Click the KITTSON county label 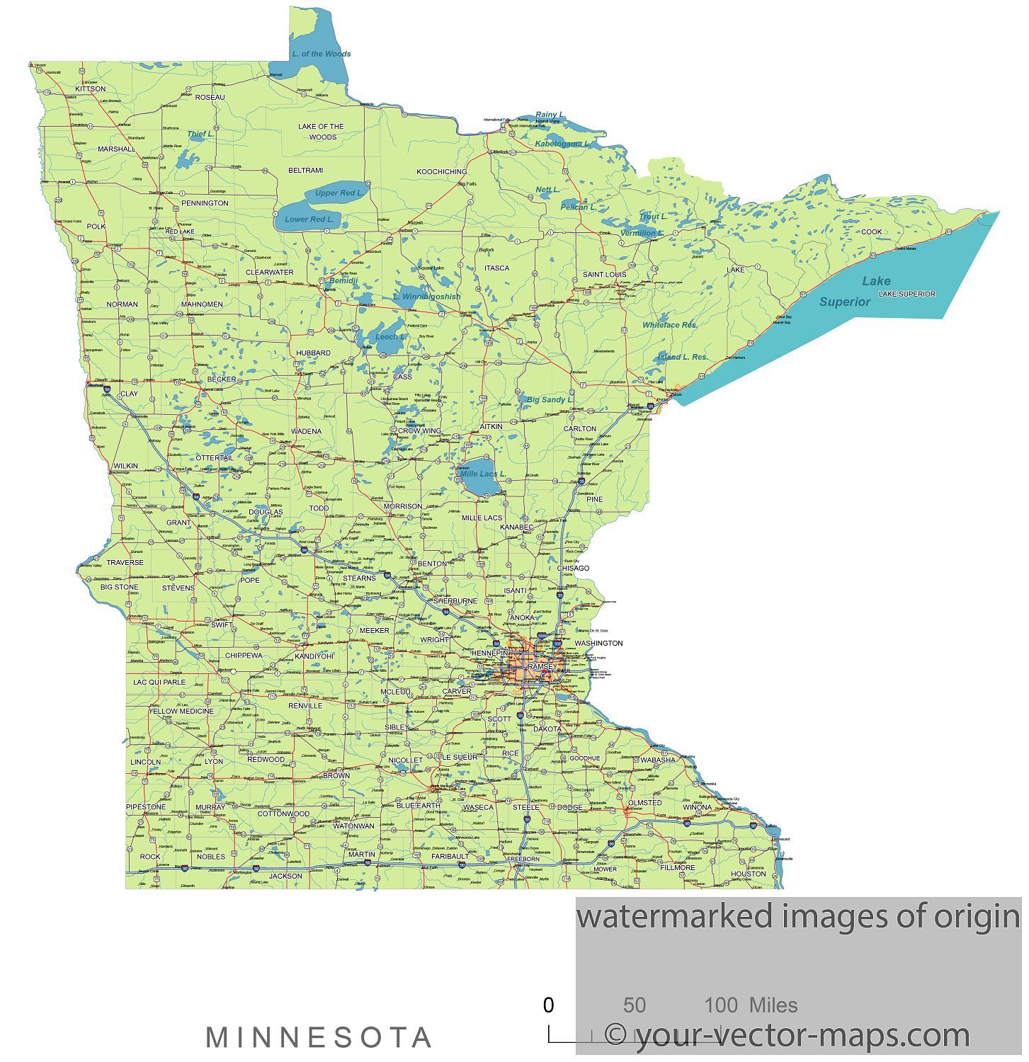(x=91, y=89)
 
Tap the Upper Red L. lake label (x=339, y=193)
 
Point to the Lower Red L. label (x=309, y=219)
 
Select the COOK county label (x=872, y=232)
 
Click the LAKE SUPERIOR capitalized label (x=906, y=294)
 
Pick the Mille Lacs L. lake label (x=483, y=474)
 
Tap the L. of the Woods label (x=322, y=54)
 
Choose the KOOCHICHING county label (x=441, y=171)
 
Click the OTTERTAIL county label (x=215, y=458)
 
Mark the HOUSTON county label (x=749, y=874)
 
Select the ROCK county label (x=150, y=857)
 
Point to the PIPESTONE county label (x=146, y=807)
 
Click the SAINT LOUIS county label (x=604, y=274)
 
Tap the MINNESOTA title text (x=319, y=1038)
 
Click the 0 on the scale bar (x=548, y=1005)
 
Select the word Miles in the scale (x=773, y=1005)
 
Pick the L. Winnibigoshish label (x=426, y=297)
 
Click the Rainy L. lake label (x=550, y=115)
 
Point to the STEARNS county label (x=359, y=578)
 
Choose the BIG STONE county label (x=120, y=587)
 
